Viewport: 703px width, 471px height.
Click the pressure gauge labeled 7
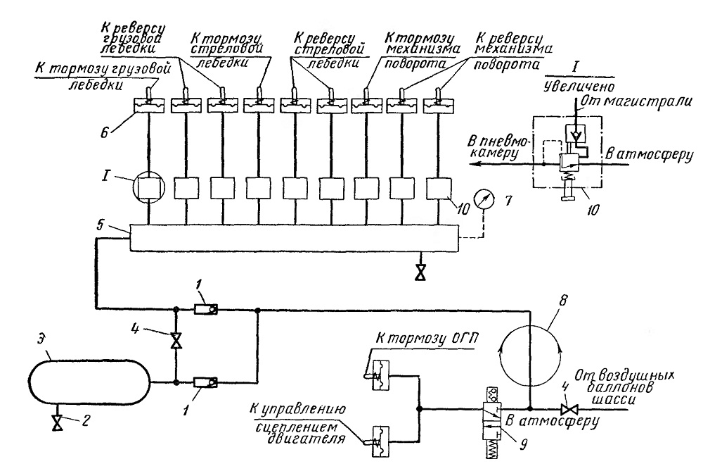[x=484, y=200]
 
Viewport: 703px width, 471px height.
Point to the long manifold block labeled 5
[x=295, y=237]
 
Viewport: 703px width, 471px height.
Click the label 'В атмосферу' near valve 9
[x=552, y=422]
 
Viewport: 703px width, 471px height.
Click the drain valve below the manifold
[x=420, y=272]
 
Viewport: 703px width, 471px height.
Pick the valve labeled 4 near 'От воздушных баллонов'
[x=569, y=410]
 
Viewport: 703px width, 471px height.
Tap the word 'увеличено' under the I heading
[x=579, y=86]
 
